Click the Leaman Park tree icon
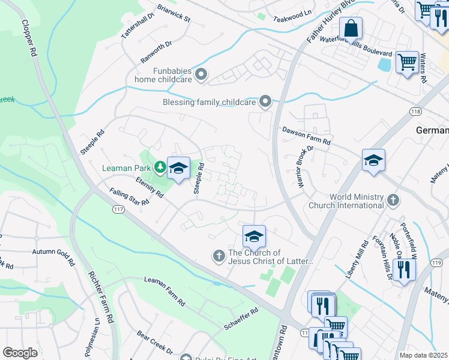coord(160,167)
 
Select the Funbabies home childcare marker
coord(201,74)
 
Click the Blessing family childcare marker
coord(266,102)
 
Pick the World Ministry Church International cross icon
coord(393,200)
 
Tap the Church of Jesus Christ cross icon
coord(219,256)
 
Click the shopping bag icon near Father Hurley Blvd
coord(351,28)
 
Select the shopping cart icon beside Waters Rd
coord(408,62)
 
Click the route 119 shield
coord(436,263)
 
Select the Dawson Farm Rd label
coord(307,136)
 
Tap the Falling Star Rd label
coord(129,197)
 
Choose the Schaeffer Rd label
coord(241,318)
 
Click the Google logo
coord(20,352)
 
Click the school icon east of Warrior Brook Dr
coord(373,160)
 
